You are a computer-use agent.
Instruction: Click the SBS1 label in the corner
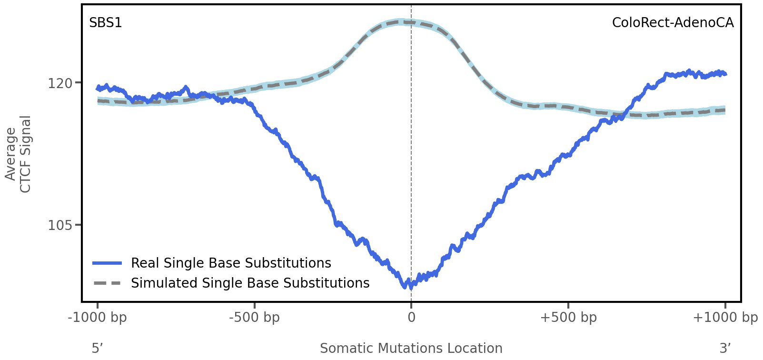(105, 22)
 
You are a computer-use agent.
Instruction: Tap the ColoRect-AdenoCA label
(673, 22)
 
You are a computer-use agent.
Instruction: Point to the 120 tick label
(60, 83)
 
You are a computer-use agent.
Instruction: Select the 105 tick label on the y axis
(60, 225)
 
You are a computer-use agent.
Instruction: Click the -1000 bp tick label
(98, 317)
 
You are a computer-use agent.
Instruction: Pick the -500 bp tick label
(254, 317)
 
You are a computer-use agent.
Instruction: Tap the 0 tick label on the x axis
(411, 317)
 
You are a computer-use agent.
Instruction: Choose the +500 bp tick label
(568, 317)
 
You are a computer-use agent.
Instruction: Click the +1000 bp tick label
(725, 317)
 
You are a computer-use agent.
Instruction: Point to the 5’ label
(98, 348)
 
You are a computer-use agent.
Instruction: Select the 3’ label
(725, 348)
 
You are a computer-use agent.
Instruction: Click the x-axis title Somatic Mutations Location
(411, 348)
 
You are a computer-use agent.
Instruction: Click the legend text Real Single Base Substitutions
(231, 263)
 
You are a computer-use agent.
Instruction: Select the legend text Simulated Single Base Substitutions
(250, 283)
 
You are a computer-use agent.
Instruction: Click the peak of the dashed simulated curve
(405, 21)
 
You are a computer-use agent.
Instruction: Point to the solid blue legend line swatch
(107, 263)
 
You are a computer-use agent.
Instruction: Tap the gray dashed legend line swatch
(107, 283)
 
